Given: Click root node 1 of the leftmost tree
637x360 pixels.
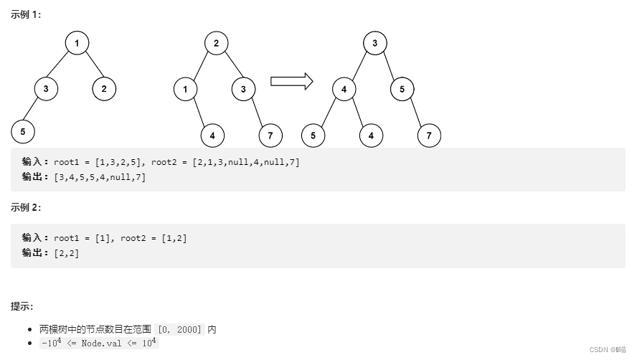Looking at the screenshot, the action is tap(77, 43).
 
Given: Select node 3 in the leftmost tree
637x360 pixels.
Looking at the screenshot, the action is tap(46, 89).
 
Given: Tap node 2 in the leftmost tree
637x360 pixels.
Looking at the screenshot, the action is tap(104, 89).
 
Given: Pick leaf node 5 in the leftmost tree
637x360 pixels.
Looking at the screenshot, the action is tap(23, 132).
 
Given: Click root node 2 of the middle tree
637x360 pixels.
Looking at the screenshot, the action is tap(216, 43).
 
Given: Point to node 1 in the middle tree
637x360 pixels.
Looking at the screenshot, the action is tap(185, 89).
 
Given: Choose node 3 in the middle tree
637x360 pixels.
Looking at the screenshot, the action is tap(243, 89).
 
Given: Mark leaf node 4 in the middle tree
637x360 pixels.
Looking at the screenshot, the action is tap(212, 135).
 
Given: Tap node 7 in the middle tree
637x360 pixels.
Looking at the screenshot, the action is tap(270, 135).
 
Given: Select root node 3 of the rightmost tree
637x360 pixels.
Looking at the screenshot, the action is tap(374, 43).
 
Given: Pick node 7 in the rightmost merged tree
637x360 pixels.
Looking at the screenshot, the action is tap(429, 135).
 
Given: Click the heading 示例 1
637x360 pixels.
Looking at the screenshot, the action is tap(26, 15).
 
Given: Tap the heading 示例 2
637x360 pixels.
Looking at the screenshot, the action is tap(26, 207).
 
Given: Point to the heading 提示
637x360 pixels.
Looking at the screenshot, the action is tap(22, 306).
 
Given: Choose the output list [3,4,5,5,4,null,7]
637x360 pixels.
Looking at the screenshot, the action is tap(100, 177).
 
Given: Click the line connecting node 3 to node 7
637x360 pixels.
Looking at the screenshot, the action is tap(258, 113).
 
